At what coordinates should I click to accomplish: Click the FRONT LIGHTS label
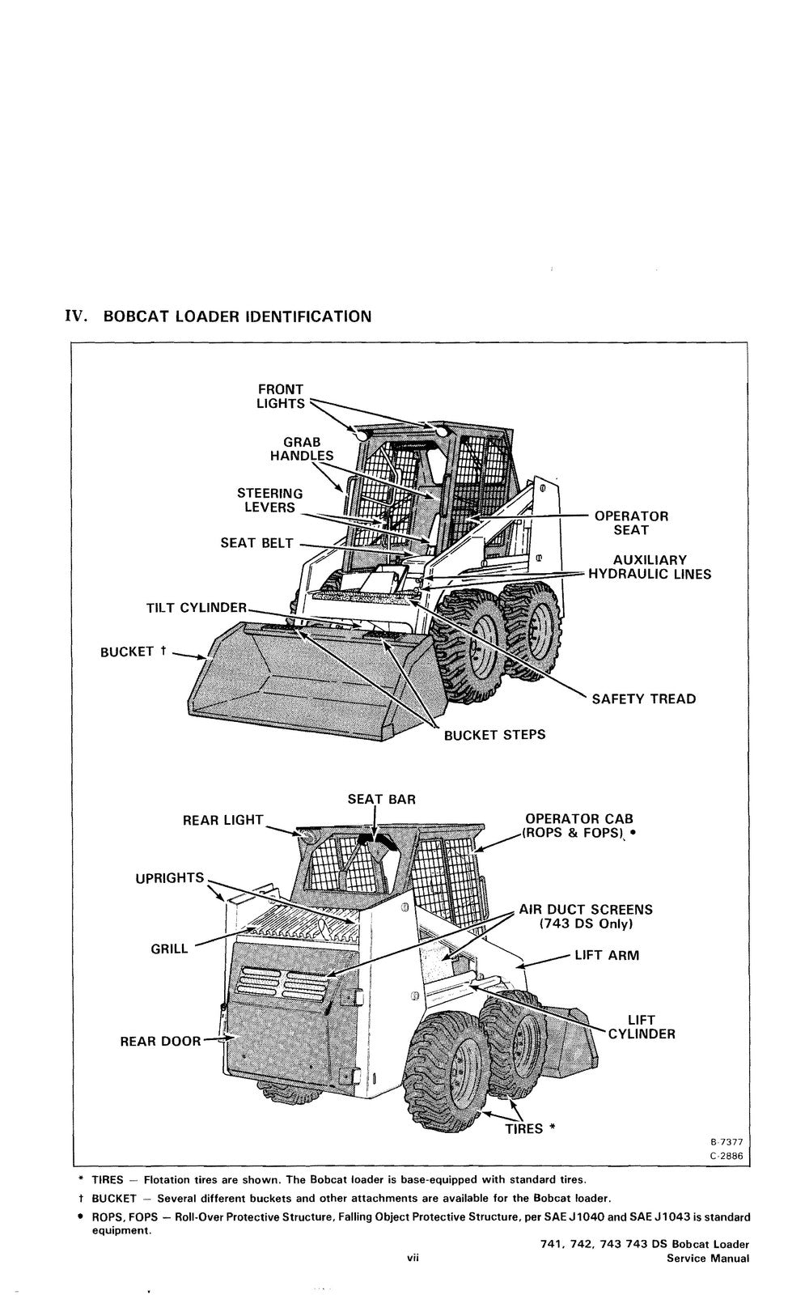[280, 397]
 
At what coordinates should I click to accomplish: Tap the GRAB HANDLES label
[301, 449]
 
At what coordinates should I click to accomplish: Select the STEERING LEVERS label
[269, 500]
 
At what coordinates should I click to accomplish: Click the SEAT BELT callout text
[256, 543]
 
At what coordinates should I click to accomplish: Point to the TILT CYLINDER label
[196, 608]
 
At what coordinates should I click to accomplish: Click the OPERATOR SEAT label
[631, 523]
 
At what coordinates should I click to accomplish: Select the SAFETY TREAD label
[643, 699]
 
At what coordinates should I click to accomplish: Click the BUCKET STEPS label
[494, 735]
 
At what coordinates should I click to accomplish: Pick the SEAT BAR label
[381, 800]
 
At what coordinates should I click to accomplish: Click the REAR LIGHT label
[222, 821]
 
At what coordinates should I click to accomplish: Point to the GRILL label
[169, 949]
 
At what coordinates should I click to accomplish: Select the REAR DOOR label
[160, 1041]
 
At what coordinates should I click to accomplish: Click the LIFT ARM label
[606, 955]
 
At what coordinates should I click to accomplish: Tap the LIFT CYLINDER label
[641, 1027]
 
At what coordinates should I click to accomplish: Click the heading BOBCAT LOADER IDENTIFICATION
[237, 316]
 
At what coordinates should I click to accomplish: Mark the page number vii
[412, 1258]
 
